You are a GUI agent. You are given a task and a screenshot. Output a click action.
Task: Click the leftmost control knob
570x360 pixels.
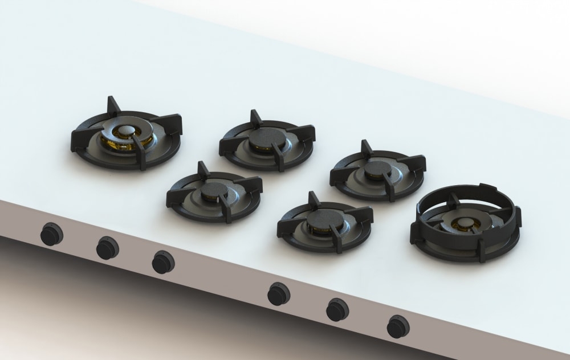(52, 234)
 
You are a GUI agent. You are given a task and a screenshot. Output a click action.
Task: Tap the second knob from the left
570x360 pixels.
(107, 248)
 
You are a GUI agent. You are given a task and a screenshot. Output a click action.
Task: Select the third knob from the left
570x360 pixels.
(163, 263)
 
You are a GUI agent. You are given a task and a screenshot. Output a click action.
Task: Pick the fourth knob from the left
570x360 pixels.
(279, 293)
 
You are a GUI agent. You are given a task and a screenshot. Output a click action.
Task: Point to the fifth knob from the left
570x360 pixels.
(337, 309)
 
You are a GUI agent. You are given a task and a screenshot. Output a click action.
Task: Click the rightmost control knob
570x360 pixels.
(397, 326)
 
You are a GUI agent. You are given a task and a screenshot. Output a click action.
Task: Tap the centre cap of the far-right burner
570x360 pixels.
(463, 223)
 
